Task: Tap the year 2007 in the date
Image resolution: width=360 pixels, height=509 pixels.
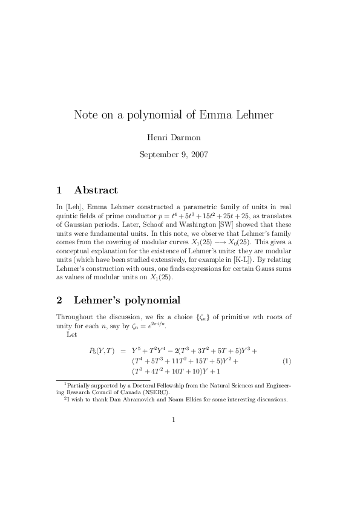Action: (x=198, y=154)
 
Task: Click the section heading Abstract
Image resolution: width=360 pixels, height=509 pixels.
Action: (x=96, y=190)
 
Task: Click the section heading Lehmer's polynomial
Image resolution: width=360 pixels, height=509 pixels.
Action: (x=126, y=300)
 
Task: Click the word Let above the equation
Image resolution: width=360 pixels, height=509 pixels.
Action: (x=71, y=335)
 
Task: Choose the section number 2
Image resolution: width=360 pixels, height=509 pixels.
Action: (x=59, y=300)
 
